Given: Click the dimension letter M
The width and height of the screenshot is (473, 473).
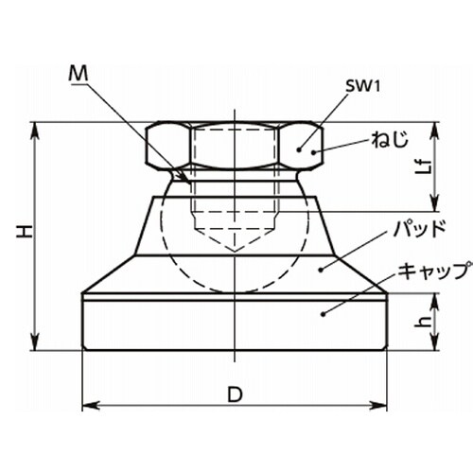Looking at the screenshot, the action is [79, 74].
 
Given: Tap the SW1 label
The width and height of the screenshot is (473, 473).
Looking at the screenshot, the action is [362, 86].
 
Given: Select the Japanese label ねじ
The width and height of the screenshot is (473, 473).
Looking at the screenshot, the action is [390, 139].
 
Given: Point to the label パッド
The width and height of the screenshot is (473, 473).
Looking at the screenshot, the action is [419, 229].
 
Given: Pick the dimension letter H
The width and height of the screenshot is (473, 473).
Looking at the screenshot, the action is [26, 232].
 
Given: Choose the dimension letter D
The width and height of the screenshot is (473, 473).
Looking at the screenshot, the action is [235, 394].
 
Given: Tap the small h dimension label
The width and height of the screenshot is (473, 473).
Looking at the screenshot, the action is [424, 322].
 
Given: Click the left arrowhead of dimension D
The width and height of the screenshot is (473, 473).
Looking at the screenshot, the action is [91, 405].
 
